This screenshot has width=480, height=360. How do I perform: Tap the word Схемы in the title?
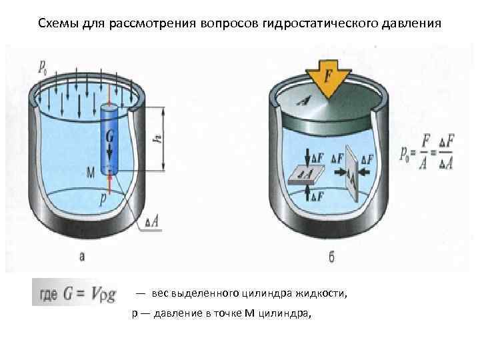56,25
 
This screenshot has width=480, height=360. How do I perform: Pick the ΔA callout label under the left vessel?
151,225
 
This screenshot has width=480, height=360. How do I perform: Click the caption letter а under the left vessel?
83,255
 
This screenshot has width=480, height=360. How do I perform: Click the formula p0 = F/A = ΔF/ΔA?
427,152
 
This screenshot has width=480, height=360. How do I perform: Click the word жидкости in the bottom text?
326,293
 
